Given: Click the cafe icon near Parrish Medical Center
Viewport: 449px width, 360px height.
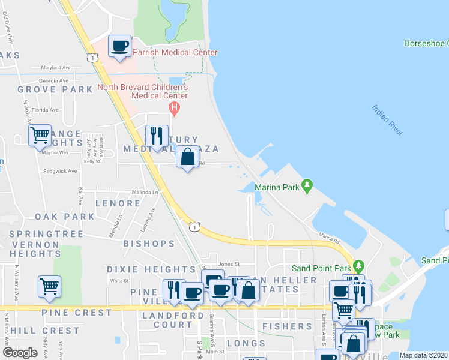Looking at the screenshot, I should coord(120,46).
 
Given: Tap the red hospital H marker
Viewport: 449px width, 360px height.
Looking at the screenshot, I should coord(174,108).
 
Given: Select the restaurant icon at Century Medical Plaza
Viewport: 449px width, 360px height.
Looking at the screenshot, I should coord(157,136).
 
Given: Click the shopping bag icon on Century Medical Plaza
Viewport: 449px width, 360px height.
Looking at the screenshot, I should coord(188,158).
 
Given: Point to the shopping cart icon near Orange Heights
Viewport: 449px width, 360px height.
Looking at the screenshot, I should coord(40,136).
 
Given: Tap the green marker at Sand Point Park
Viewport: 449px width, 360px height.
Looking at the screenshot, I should coord(358,265).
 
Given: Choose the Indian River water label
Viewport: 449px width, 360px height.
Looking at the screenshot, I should coord(388,120).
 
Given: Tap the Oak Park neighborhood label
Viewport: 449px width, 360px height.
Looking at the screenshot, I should coord(64,217).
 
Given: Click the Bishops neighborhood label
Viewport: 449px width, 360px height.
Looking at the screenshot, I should coord(148,244).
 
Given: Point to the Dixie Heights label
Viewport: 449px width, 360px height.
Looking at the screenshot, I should coord(152,270).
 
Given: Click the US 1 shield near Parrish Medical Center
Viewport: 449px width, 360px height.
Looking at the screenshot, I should coord(92,57).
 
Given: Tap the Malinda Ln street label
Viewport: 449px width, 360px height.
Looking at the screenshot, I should coord(145,192).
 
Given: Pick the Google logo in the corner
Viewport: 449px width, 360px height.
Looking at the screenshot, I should coord(20,353).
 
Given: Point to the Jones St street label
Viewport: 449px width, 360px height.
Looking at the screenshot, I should coord(229,263).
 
